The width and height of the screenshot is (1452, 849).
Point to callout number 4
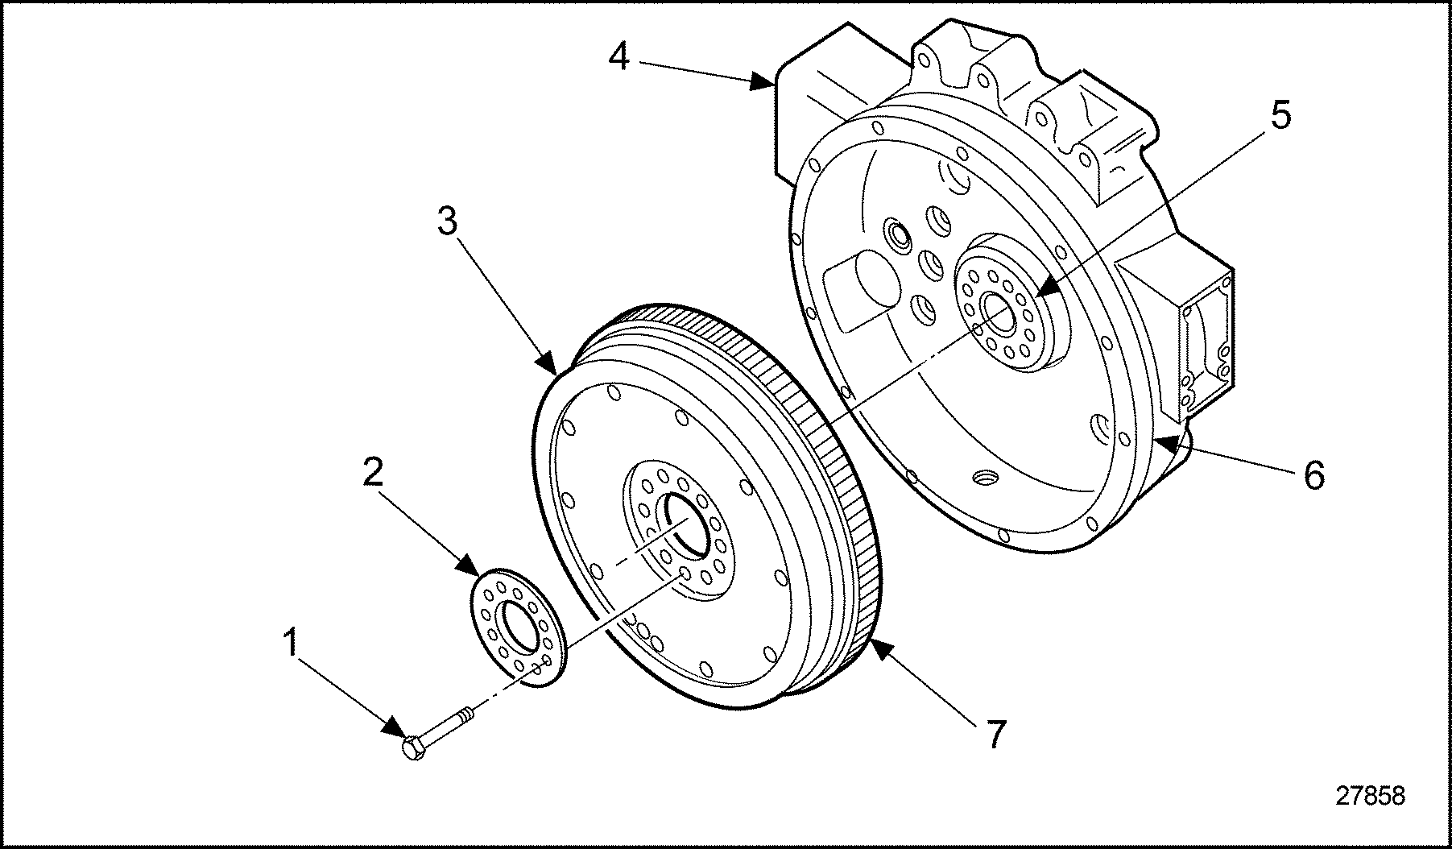tap(618, 56)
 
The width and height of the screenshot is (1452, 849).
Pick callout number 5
tap(1280, 114)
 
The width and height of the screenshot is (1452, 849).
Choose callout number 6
tap(1313, 475)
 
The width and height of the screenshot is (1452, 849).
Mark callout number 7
tap(996, 734)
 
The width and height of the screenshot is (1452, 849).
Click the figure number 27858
tap(1370, 796)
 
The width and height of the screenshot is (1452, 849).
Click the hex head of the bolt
tap(413, 750)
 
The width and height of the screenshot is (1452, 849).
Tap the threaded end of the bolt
tap(466, 714)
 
